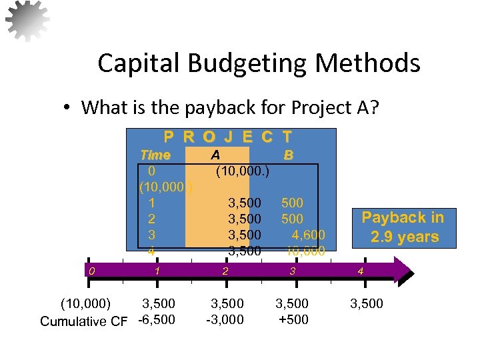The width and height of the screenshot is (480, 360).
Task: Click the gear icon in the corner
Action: [x=27, y=21]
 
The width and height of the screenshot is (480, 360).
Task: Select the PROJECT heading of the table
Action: [x=228, y=137]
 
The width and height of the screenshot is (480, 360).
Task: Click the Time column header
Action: [x=155, y=155]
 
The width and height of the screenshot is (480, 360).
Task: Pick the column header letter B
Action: [x=288, y=155]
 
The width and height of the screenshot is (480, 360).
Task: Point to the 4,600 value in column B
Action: [x=308, y=235]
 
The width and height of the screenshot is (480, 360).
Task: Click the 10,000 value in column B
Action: [x=305, y=251]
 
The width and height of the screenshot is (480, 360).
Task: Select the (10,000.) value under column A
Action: [x=242, y=171]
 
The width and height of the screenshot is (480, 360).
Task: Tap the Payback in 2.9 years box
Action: [x=402, y=227]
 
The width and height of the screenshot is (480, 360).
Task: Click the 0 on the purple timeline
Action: [x=93, y=271]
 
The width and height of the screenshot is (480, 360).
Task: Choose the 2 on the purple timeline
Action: [x=225, y=271]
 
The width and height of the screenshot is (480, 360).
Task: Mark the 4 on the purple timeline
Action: [x=361, y=271]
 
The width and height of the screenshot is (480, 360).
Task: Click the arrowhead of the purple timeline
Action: [x=403, y=271]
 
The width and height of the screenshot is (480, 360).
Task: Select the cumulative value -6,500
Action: [x=157, y=319]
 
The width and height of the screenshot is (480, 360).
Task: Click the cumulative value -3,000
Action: [x=225, y=319]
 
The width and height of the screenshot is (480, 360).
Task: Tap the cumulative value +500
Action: [x=293, y=319]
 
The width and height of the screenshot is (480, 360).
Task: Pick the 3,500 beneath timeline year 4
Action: [x=367, y=304]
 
